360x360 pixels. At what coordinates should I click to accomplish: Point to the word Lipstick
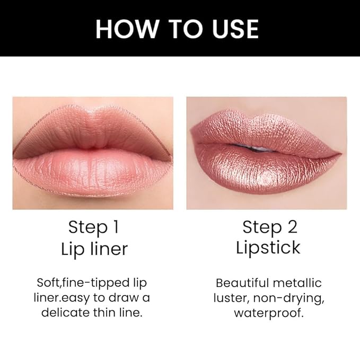[268, 248]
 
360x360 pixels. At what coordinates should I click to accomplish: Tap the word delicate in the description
[66, 312]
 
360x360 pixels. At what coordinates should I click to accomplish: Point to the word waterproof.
[268, 313]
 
